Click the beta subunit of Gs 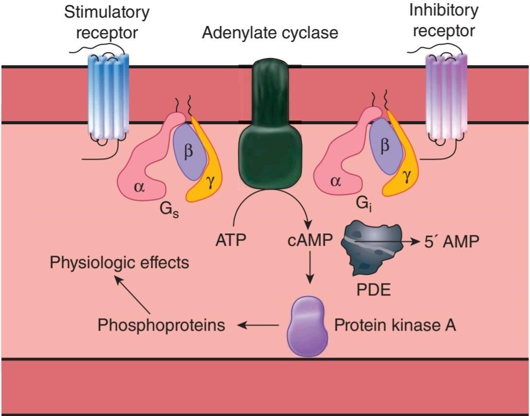(x=188, y=150)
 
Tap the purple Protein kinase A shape (x=309, y=326)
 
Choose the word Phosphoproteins (x=162, y=326)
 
